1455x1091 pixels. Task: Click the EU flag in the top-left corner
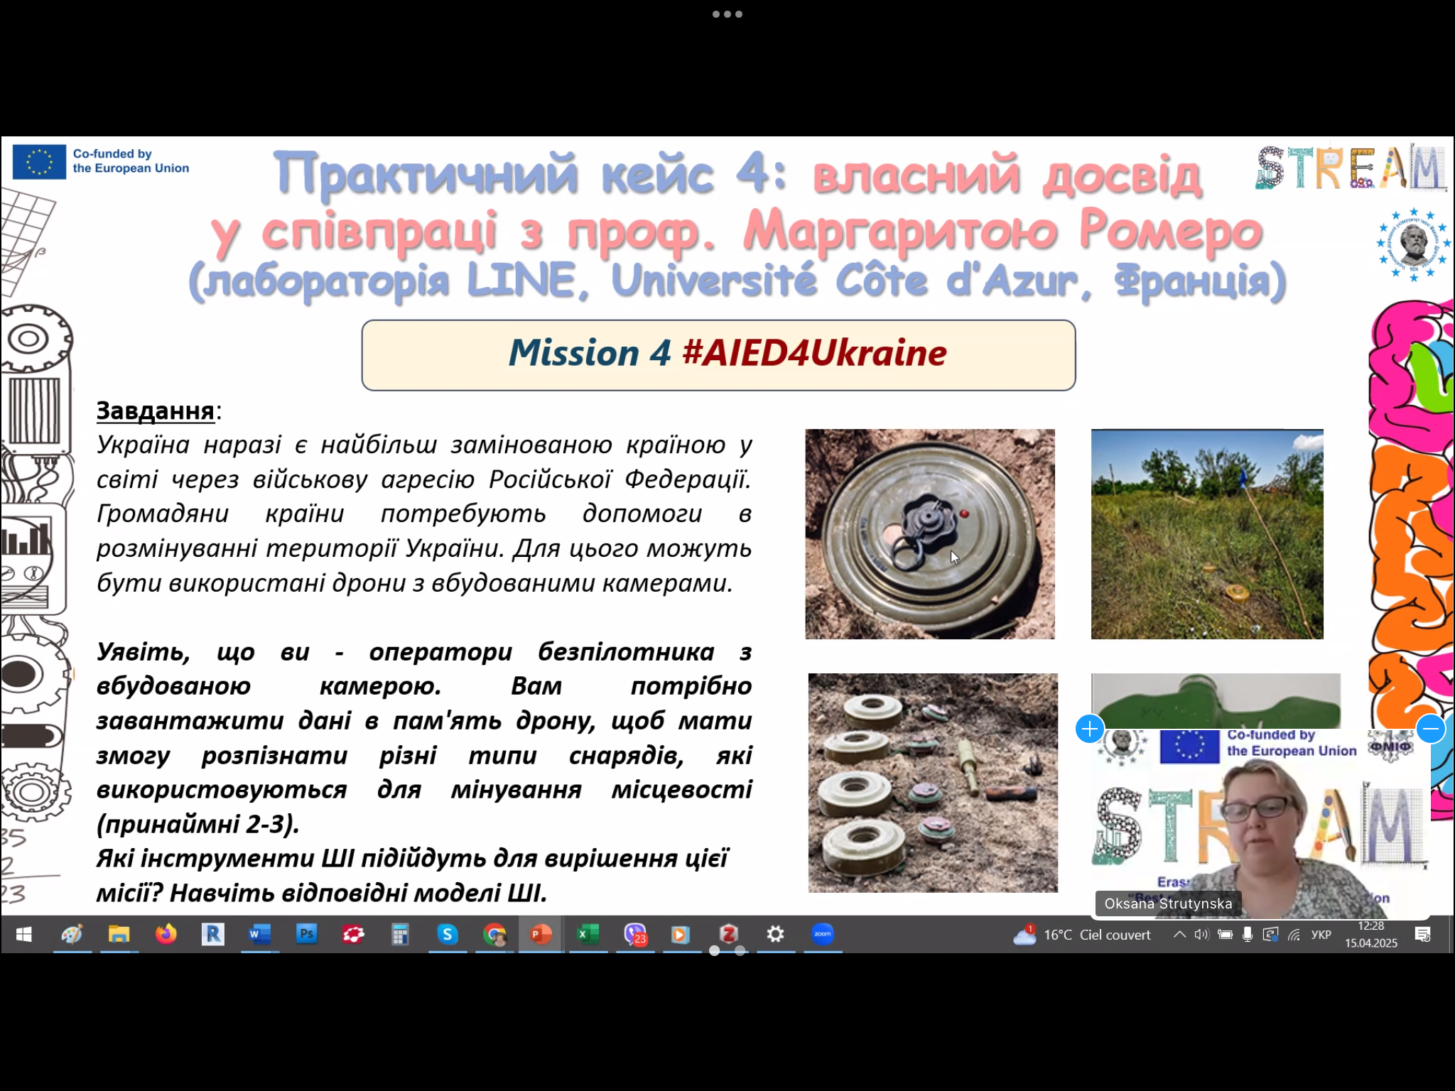point(39,161)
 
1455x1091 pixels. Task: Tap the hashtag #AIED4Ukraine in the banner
point(814,353)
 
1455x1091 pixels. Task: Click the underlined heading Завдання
point(156,411)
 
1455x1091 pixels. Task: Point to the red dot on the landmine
point(964,513)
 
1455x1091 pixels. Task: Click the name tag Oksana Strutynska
point(1168,903)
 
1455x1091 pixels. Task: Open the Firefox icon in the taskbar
point(166,934)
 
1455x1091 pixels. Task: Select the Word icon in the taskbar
point(259,934)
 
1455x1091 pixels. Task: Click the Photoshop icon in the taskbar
point(306,933)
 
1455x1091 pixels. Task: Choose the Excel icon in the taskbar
point(587,934)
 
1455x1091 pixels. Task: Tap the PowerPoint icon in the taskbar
point(540,934)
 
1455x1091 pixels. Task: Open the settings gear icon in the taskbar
point(775,934)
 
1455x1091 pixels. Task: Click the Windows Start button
point(23,934)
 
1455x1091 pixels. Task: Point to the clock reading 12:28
point(1370,926)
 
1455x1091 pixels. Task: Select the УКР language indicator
point(1321,935)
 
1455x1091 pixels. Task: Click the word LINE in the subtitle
point(521,281)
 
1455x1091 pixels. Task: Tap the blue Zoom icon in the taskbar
point(822,934)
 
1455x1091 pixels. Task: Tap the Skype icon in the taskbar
point(447,934)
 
